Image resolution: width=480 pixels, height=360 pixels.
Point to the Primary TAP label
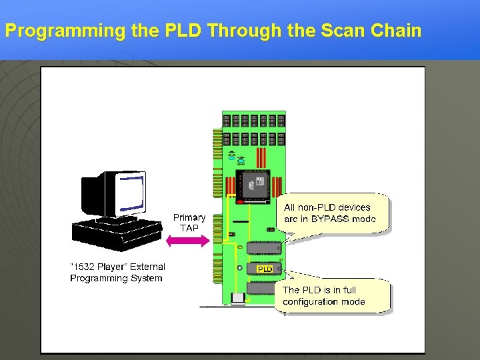click(189, 223)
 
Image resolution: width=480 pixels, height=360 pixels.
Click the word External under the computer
click(147, 267)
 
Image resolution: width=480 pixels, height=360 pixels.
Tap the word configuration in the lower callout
click(311, 301)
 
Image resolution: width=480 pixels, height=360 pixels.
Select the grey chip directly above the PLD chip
click(263, 248)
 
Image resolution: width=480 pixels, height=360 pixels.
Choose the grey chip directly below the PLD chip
click(261, 289)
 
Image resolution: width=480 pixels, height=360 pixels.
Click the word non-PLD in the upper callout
click(317, 207)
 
